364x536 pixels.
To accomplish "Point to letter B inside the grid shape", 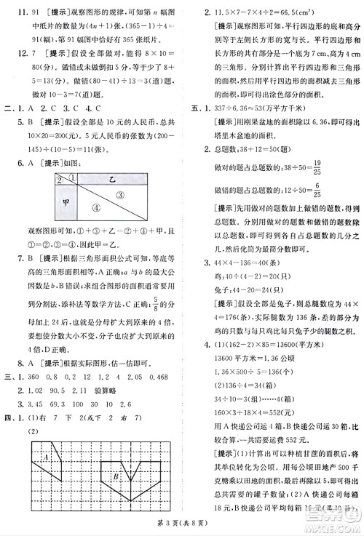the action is pyautogui.click(x=114, y=477).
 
